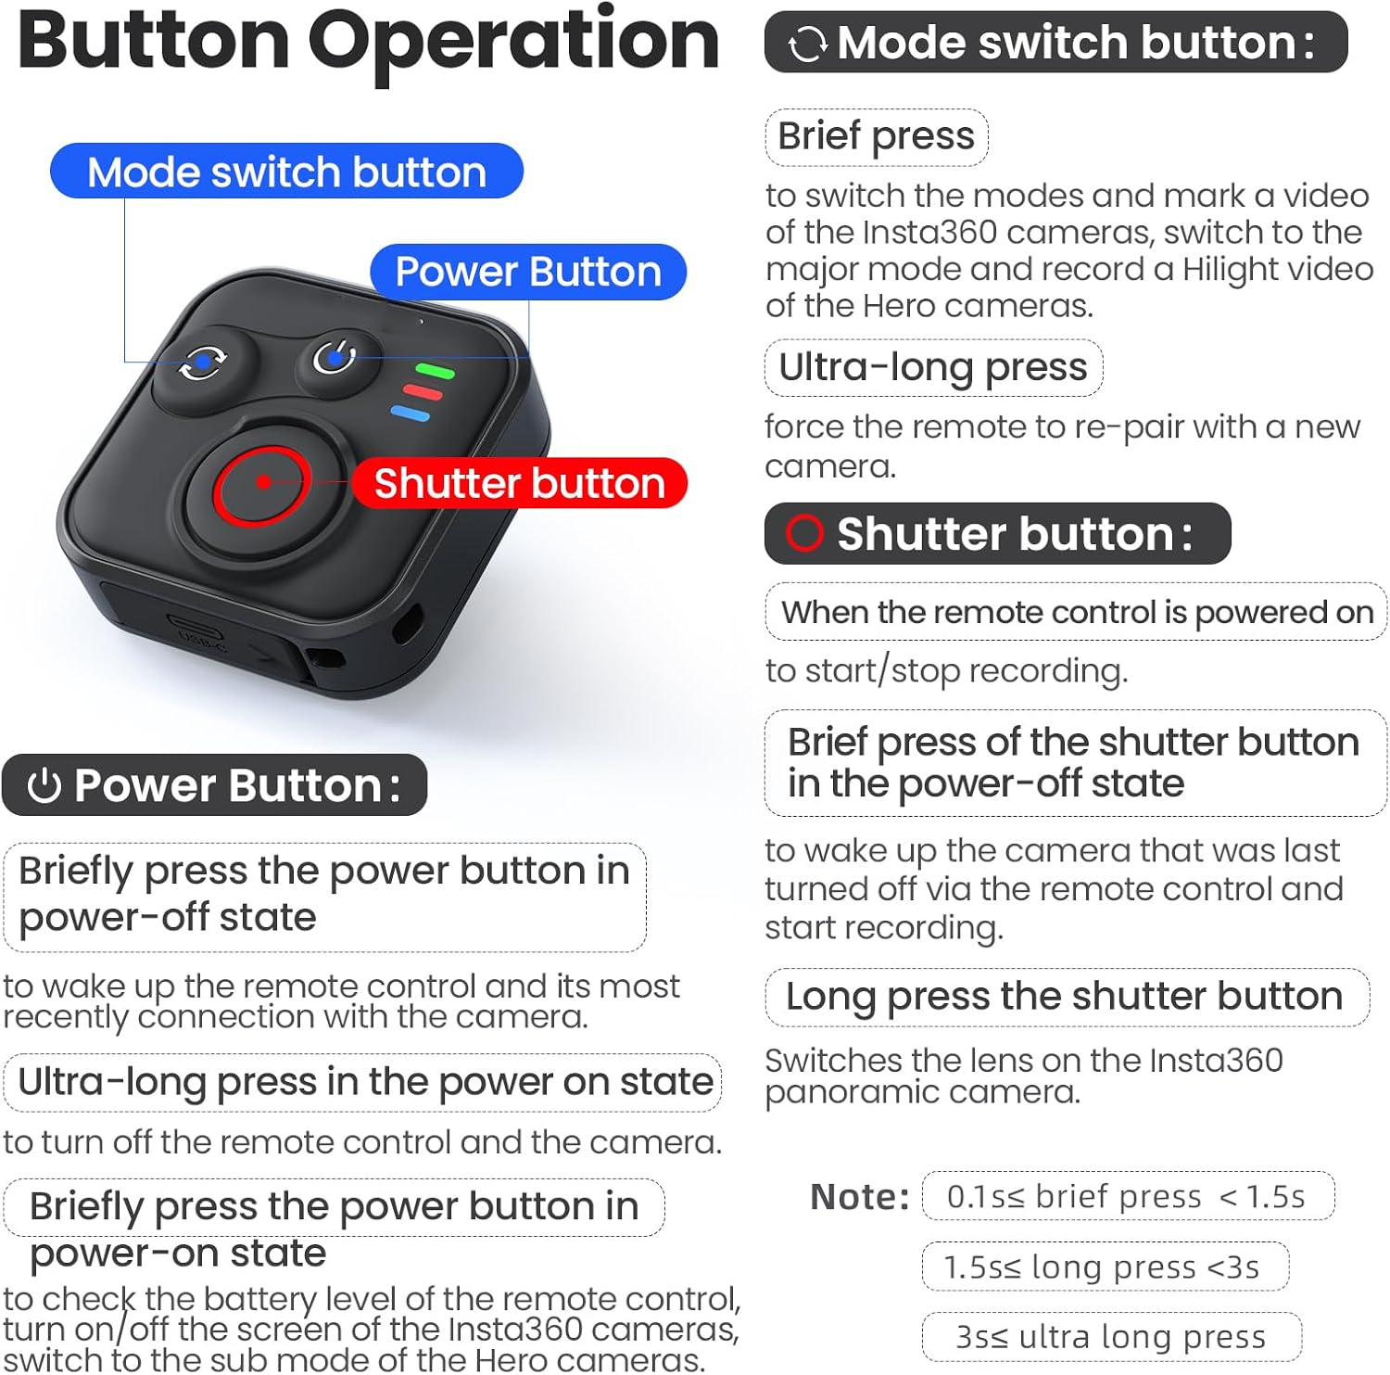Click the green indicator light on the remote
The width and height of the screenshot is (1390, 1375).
(x=435, y=372)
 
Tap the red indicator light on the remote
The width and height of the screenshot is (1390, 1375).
(x=423, y=392)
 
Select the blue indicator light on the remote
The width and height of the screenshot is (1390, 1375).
(x=411, y=414)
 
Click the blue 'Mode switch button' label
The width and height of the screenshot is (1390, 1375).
(x=286, y=172)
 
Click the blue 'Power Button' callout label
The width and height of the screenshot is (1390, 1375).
(x=528, y=272)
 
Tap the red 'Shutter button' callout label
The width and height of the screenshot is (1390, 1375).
(x=519, y=483)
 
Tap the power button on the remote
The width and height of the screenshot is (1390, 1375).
(x=335, y=357)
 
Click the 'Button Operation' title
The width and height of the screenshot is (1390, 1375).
(x=368, y=42)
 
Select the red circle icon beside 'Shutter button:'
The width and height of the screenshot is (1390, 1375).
(x=803, y=533)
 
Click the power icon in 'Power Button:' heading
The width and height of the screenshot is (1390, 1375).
(x=44, y=786)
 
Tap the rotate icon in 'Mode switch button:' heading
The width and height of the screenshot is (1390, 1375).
(x=806, y=44)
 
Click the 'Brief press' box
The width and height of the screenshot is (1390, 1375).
(x=876, y=136)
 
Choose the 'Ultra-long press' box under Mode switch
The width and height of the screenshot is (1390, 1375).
(x=933, y=367)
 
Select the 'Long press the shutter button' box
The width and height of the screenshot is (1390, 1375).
(x=1066, y=997)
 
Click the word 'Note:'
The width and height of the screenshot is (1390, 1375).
(x=860, y=1197)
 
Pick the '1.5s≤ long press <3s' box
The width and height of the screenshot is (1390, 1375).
(x=1104, y=1267)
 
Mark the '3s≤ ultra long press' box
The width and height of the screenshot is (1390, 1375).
(x=1111, y=1337)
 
